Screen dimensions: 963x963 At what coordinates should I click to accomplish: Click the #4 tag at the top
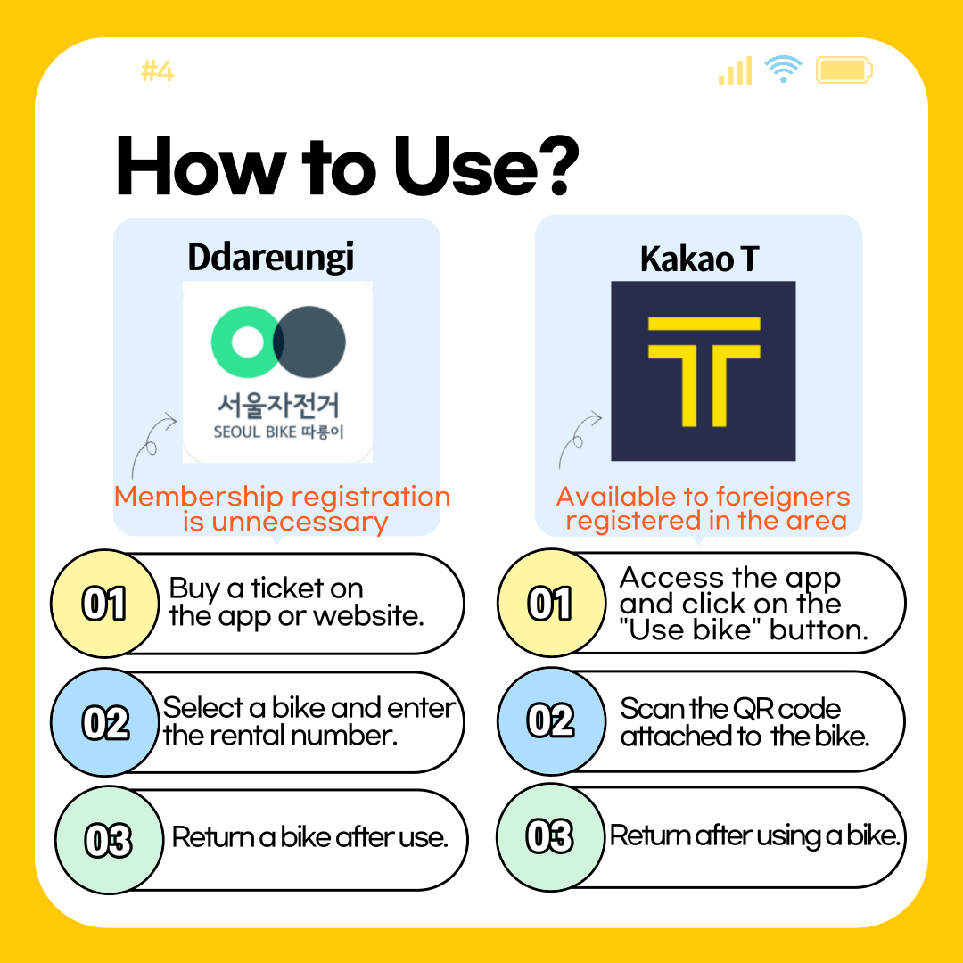pyautogui.click(x=158, y=71)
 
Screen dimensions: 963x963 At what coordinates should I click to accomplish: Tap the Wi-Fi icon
pyautogui.click(x=783, y=68)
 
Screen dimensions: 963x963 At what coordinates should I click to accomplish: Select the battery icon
pyautogui.click(x=844, y=70)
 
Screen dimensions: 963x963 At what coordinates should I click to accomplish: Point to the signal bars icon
pyautogui.click(x=736, y=70)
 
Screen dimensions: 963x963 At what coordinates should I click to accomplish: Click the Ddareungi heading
pyautogui.click(x=271, y=258)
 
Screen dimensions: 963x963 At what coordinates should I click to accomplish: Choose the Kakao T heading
pyautogui.click(x=700, y=259)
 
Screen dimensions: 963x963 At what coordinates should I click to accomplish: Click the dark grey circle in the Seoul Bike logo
pyautogui.click(x=310, y=342)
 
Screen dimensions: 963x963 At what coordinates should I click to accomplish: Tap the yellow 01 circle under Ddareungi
pyautogui.click(x=105, y=603)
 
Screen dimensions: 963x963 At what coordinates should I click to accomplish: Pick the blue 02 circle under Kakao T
pyautogui.click(x=551, y=721)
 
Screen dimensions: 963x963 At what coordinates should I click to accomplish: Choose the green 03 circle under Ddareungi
pyautogui.click(x=109, y=840)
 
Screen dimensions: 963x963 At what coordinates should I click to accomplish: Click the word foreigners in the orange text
pyautogui.click(x=783, y=497)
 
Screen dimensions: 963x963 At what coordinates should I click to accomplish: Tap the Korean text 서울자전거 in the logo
pyautogui.click(x=278, y=406)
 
